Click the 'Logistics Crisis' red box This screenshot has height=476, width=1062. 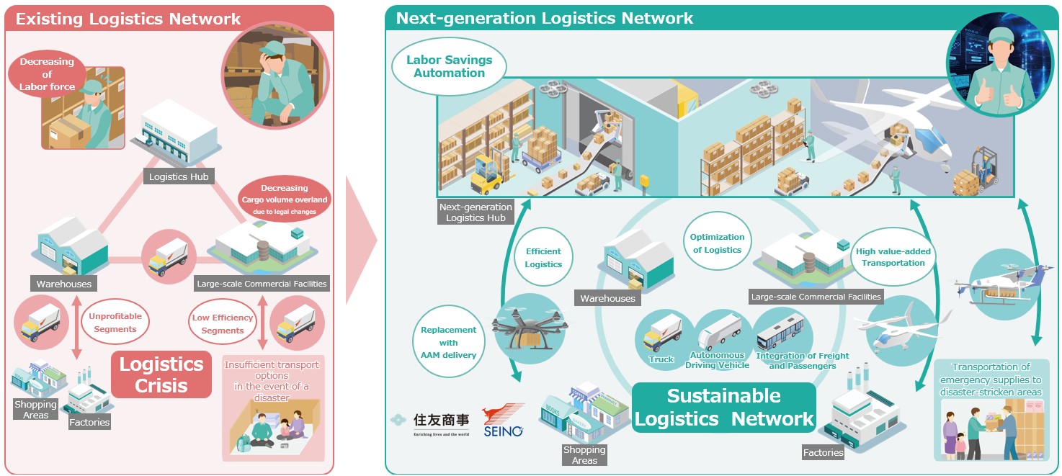[x=161, y=374]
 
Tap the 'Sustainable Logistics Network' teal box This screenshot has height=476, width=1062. [x=723, y=407]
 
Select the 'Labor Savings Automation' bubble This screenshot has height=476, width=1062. [x=449, y=67]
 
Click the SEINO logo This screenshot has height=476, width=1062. [x=503, y=421]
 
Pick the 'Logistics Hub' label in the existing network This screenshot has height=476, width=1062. [x=178, y=176]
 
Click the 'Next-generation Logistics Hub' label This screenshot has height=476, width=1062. [x=476, y=212]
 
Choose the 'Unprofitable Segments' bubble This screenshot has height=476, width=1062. [x=115, y=323]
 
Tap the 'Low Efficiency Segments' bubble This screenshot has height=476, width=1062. [x=222, y=324]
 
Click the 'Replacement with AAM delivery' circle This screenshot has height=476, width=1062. [x=448, y=342]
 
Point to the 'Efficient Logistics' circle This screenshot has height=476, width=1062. [x=543, y=258]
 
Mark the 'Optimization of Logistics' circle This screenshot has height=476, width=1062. [x=717, y=243]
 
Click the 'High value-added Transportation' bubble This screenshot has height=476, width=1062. [x=893, y=257]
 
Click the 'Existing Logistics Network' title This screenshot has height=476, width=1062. [x=128, y=19]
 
